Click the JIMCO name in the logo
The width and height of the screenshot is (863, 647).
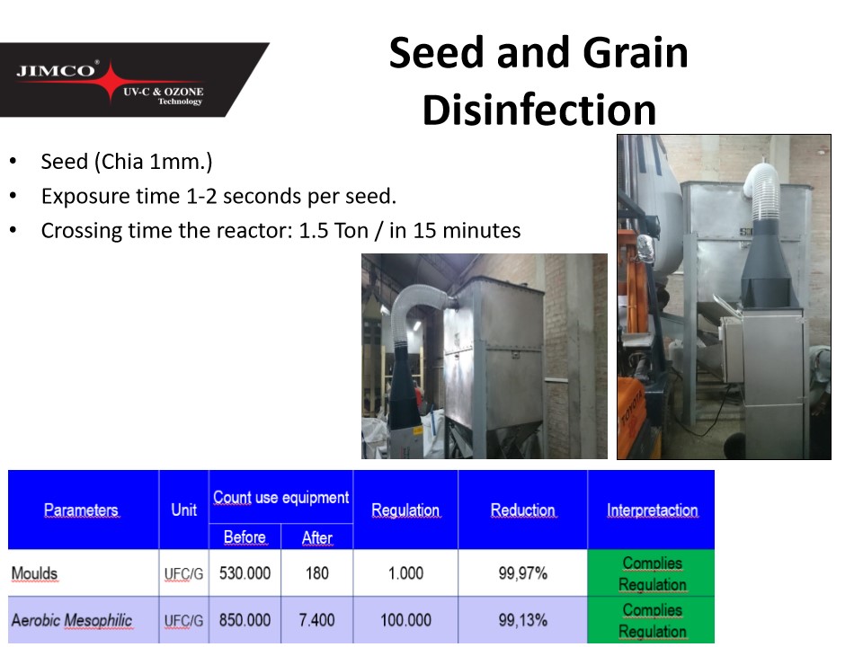(56, 70)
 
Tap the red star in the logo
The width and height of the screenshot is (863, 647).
(111, 82)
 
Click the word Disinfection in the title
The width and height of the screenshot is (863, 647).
(539, 110)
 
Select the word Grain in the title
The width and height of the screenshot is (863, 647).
(636, 53)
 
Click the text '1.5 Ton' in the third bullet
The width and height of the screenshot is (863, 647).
(334, 231)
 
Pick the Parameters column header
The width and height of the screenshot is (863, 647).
(82, 510)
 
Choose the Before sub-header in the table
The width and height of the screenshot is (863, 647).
(245, 537)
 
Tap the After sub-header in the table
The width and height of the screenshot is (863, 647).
(317, 537)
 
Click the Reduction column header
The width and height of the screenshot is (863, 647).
(523, 510)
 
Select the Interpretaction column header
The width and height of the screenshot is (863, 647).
(653, 510)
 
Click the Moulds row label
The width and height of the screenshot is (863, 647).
(35, 573)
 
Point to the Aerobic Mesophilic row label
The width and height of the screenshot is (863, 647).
(72, 620)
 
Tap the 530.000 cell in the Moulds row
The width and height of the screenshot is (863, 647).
(245, 573)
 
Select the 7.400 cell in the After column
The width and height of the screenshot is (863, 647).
(317, 620)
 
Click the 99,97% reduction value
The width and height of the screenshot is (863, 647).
(523, 573)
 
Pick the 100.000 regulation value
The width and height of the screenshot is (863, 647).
(405, 620)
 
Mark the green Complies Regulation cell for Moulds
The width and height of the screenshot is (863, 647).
(651, 573)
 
